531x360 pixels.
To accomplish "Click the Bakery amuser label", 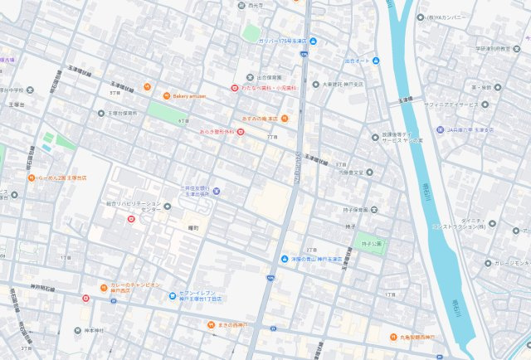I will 190,95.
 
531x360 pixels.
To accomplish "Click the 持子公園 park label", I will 373,243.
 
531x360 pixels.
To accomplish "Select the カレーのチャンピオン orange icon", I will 103,287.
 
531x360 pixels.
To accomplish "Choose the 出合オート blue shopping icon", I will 376,61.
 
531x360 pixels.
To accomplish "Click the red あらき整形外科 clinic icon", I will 241,132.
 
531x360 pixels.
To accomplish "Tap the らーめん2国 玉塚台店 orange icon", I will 31,177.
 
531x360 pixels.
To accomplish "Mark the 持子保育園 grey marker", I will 338,210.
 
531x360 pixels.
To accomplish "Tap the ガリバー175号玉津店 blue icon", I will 313,41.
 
